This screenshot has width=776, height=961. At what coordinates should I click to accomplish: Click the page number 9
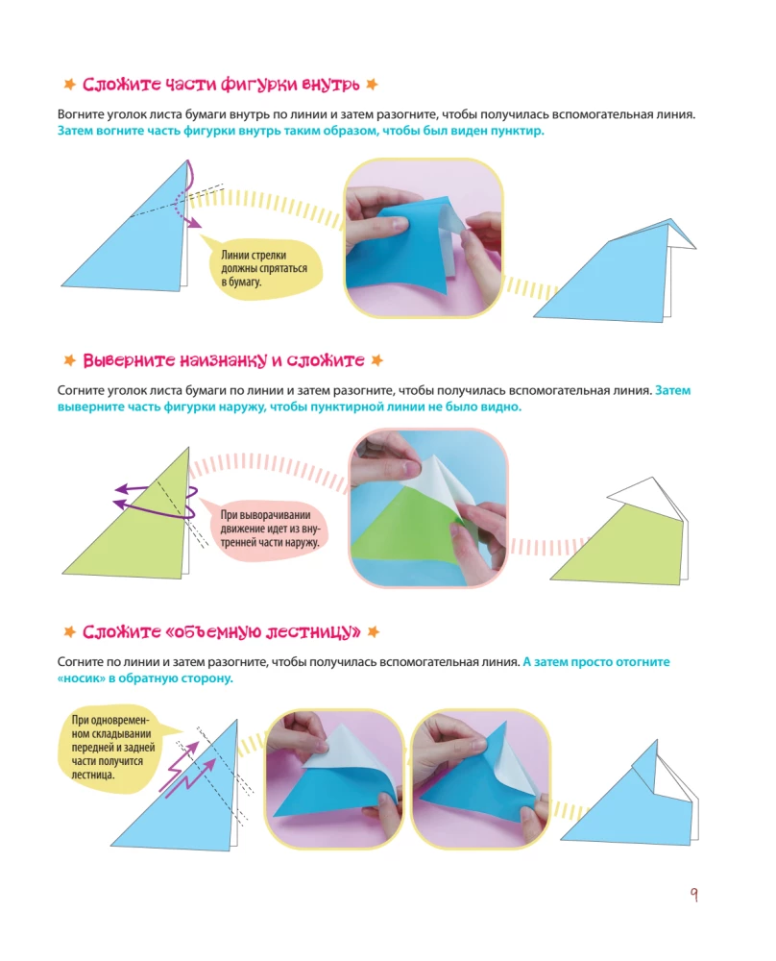click(x=693, y=895)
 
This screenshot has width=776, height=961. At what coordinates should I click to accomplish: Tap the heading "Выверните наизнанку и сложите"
click(x=223, y=360)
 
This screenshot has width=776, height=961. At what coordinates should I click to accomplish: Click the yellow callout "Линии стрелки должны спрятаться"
click(x=262, y=268)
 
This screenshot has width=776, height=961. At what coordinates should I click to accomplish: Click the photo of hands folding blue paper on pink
click(x=423, y=238)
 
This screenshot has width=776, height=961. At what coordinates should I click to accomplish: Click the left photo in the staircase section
click(x=332, y=778)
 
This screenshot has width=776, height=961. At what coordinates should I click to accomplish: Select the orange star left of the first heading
click(x=68, y=86)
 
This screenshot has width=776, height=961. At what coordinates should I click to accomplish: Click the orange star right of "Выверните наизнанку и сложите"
click(x=377, y=360)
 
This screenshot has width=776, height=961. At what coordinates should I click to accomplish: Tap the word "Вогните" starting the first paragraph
click(x=82, y=113)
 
